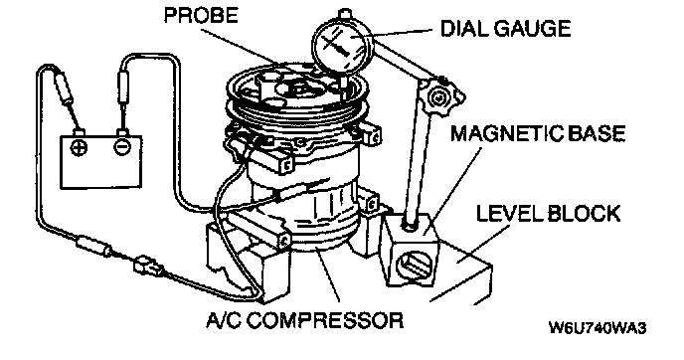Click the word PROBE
[x=201, y=16]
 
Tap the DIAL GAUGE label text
[x=506, y=29]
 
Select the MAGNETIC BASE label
[x=538, y=133]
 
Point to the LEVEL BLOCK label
[x=548, y=214]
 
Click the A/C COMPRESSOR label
[x=305, y=320]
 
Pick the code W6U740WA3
[x=598, y=328]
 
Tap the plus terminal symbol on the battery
[x=79, y=146]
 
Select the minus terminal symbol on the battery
[x=121, y=146]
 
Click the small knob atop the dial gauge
[x=345, y=13]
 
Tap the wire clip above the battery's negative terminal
[x=122, y=89]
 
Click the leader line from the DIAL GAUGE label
[x=401, y=33]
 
